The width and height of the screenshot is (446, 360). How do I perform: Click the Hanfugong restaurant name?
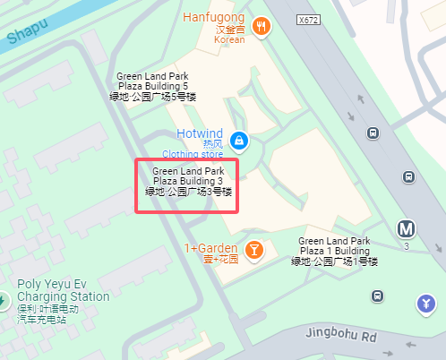pyautogui.click(x=214, y=18)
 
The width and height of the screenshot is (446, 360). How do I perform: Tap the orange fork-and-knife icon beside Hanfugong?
pyautogui.click(x=262, y=26)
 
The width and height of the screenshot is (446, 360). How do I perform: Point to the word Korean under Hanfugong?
pyautogui.click(x=229, y=40)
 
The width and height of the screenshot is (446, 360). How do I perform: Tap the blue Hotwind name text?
pyautogui.click(x=199, y=133)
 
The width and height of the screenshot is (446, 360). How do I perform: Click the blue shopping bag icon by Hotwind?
pyautogui.click(x=238, y=141)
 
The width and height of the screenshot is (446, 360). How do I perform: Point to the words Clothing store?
pyautogui.click(x=193, y=154)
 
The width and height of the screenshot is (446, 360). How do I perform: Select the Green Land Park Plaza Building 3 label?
pyautogui.click(x=188, y=180)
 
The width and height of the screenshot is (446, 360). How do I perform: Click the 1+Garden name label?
pyautogui.click(x=211, y=248)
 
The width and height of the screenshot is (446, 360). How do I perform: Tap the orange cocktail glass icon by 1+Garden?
pyautogui.click(x=254, y=250)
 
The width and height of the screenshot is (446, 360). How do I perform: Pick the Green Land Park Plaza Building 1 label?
pyautogui.click(x=334, y=251)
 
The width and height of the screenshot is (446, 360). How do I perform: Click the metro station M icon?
pyautogui.click(x=407, y=229)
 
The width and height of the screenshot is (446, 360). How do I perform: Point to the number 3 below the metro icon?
pyautogui.click(x=407, y=247)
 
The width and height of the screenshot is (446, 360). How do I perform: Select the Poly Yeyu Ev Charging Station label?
pyautogui.click(x=64, y=296)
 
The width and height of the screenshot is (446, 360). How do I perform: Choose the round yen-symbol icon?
pyautogui.click(x=425, y=305)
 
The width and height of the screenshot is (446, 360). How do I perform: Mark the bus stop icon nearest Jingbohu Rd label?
pyautogui.click(x=378, y=295)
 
